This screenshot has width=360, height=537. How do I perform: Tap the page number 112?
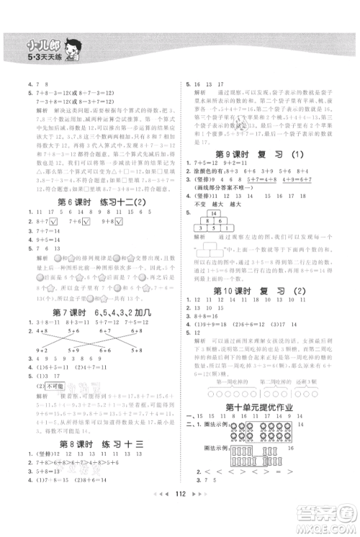click(x=180, y=518)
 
